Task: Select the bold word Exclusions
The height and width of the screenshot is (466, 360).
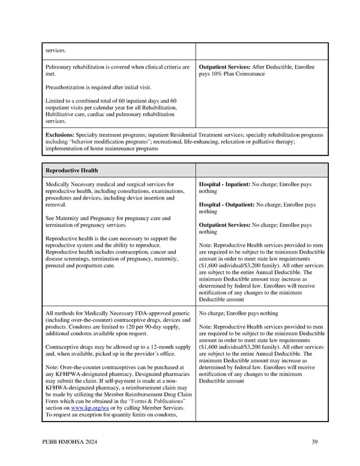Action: point(60,135)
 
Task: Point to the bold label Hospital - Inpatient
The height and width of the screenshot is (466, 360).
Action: point(225,184)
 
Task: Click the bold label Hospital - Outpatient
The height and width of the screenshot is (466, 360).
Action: point(227,205)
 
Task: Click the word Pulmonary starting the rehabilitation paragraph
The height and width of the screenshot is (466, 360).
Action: point(59,67)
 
